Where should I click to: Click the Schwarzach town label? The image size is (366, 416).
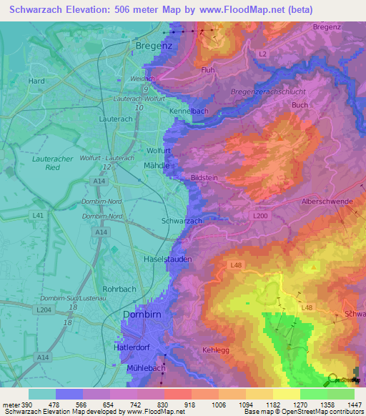[182, 222]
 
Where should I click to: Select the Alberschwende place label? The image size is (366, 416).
[327, 202]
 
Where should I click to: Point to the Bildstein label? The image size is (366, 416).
[204, 178]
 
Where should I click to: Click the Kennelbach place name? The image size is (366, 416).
[189, 113]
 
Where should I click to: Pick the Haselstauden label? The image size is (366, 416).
[168, 259]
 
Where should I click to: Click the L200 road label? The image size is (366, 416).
[259, 214]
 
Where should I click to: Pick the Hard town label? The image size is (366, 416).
[36, 81]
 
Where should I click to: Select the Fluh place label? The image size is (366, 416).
[208, 71]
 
